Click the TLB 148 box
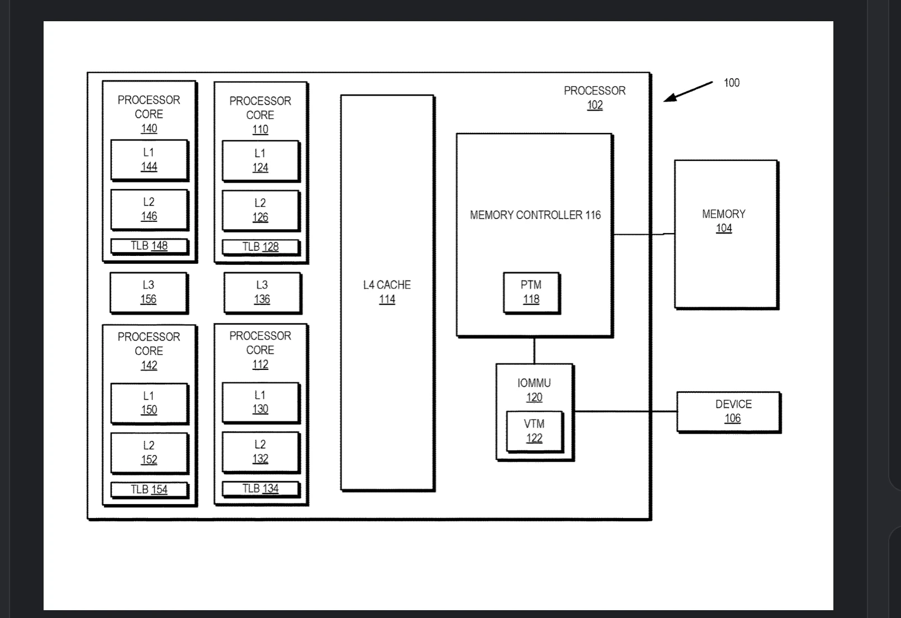click(x=149, y=246)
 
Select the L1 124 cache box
click(x=260, y=160)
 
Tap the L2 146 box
click(x=149, y=209)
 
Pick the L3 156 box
click(x=149, y=292)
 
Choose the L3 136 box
click(x=262, y=292)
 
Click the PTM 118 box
click(x=531, y=292)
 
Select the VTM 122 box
click(x=534, y=431)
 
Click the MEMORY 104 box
click(x=725, y=234)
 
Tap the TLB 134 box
click(x=260, y=489)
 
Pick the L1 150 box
click(x=149, y=403)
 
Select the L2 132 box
click(x=260, y=451)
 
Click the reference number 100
click(x=731, y=83)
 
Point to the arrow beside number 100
click(x=687, y=92)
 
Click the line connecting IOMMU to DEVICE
click(x=625, y=411)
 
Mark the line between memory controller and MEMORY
click(x=643, y=235)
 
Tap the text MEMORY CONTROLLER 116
click(x=535, y=215)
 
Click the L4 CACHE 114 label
click(x=387, y=292)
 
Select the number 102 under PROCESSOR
click(x=595, y=105)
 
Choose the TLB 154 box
click(x=149, y=489)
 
